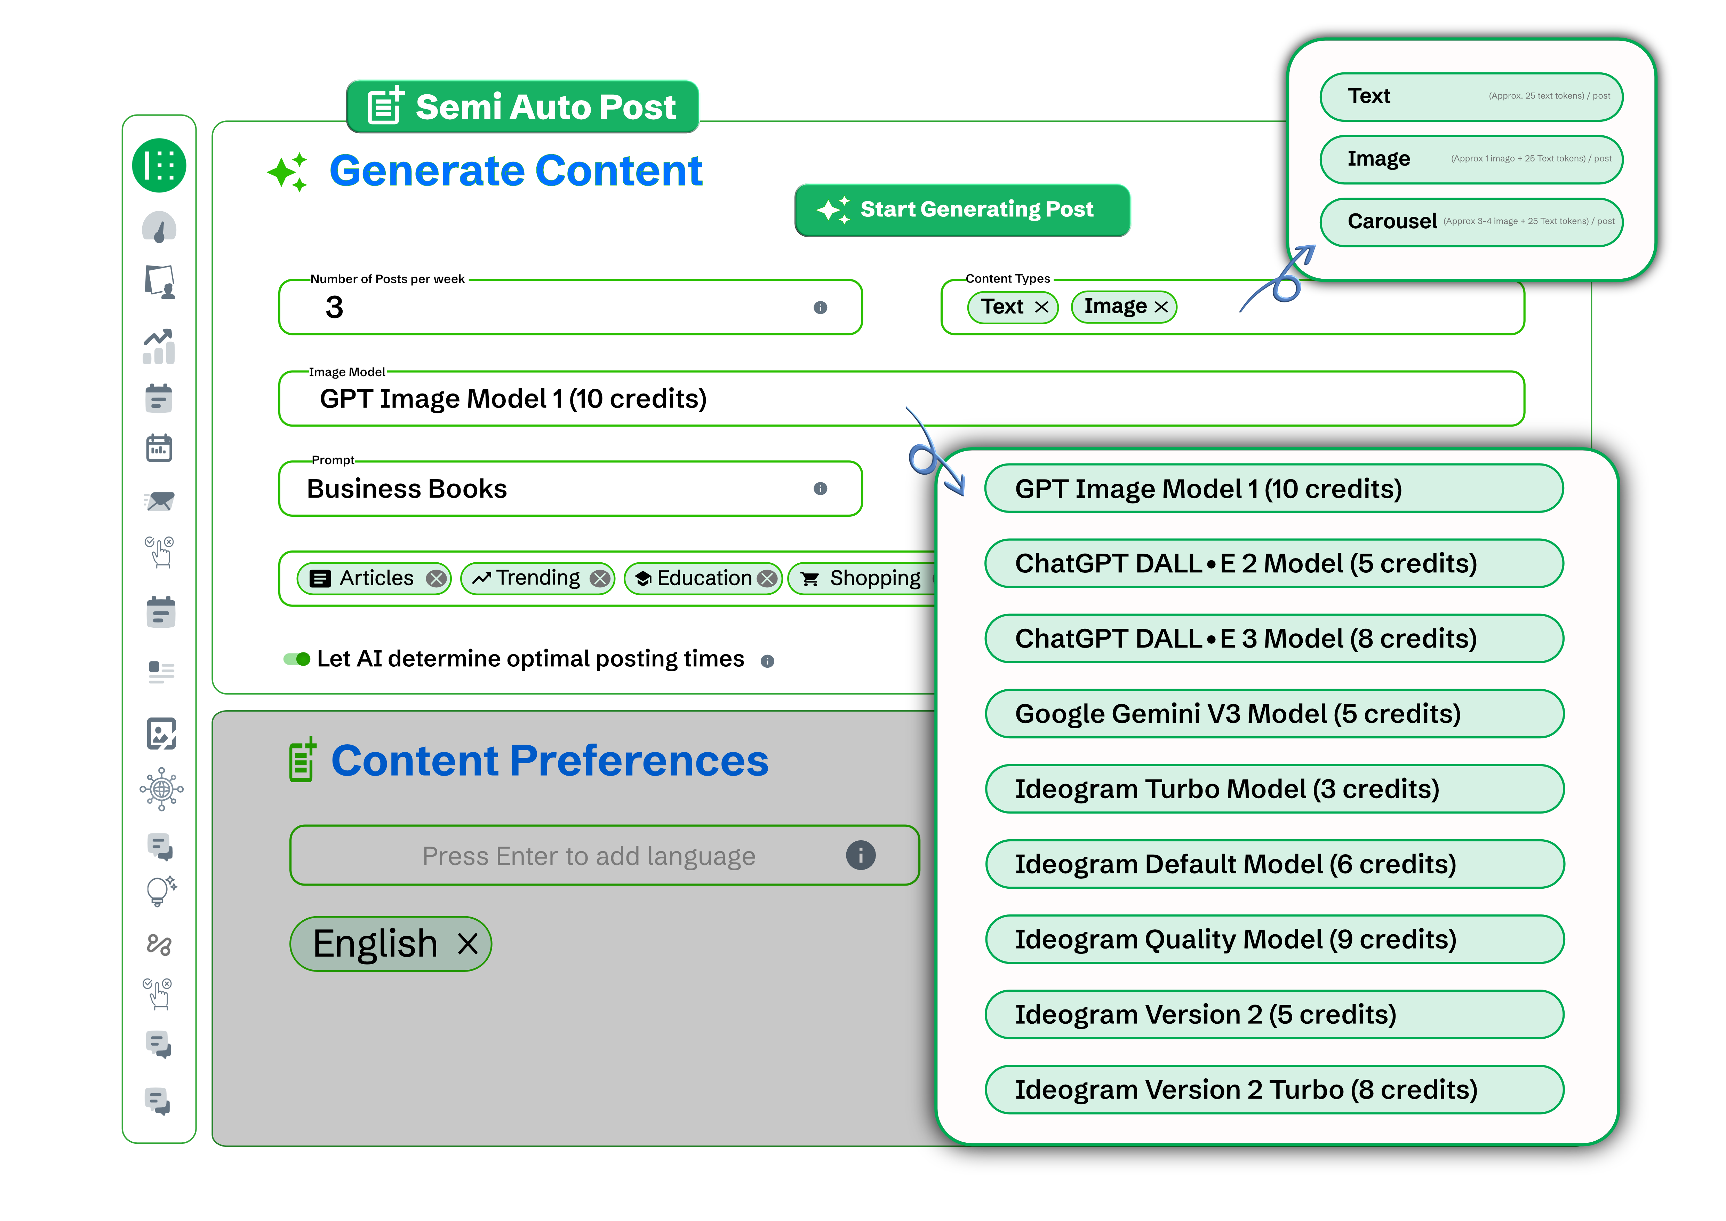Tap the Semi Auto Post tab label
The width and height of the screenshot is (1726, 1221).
point(523,107)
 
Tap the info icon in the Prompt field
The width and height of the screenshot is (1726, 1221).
point(820,489)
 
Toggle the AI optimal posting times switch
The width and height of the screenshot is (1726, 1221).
point(297,659)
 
